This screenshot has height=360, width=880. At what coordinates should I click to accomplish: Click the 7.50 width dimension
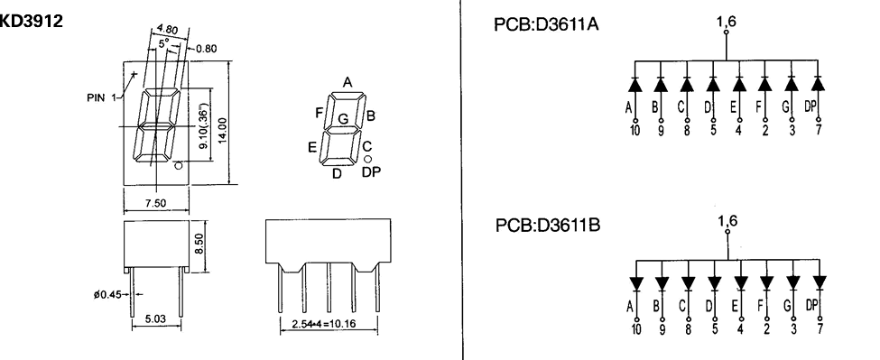[157, 203]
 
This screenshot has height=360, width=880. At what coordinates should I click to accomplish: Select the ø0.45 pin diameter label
[105, 293]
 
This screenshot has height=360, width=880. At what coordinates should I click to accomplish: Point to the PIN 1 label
[100, 97]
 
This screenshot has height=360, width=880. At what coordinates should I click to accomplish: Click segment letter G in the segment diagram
[343, 118]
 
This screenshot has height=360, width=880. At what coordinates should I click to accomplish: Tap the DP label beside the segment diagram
[370, 171]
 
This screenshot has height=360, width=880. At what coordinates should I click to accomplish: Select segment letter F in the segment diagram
[320, 113]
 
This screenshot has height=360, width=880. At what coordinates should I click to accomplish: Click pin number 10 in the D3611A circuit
[635, 130]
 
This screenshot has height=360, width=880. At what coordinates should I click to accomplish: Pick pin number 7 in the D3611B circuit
[819, 330]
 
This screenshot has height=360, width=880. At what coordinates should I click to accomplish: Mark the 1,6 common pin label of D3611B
[727, 219]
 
